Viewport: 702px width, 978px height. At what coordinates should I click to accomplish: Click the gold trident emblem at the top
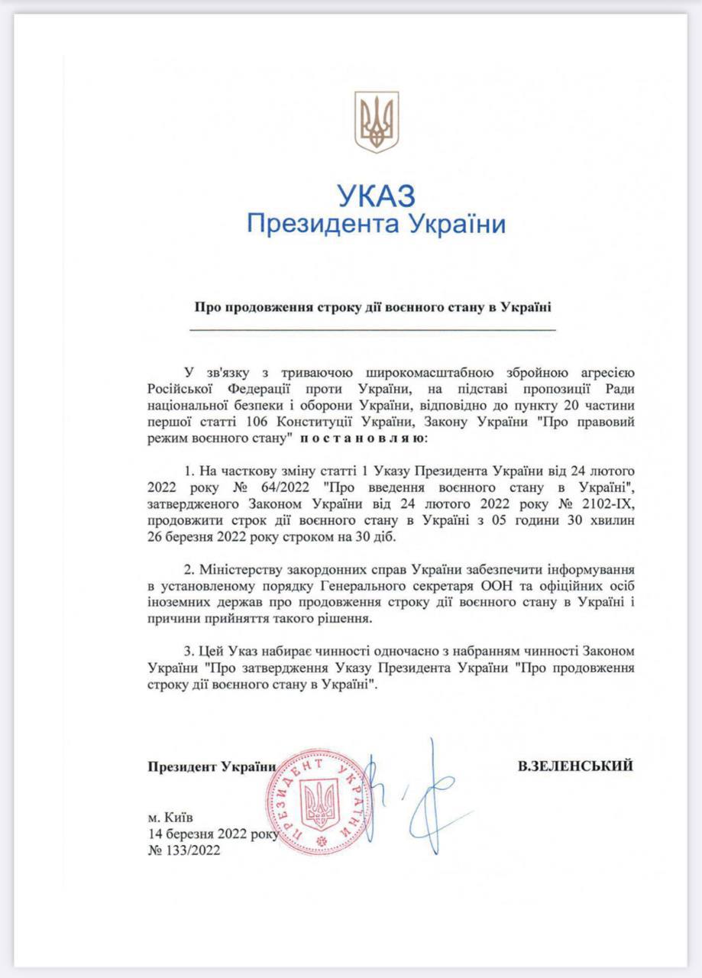[377, 121]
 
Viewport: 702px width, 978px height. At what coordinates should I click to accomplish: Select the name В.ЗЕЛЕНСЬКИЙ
[574, 766]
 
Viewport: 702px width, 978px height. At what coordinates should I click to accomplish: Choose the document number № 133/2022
[185, 850]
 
